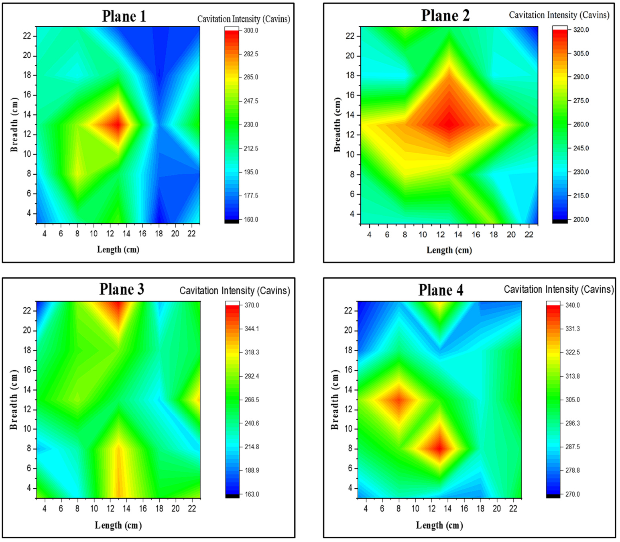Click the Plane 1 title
[x=124, y=16]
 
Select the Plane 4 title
[x=441, y=290]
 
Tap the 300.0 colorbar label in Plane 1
[x=251, y=31]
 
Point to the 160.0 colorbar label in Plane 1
[x=251, y=220]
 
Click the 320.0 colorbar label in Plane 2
[x=581, y=30]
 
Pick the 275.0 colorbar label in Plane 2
[x=581, y=101]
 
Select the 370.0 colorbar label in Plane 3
[x=252, y=305]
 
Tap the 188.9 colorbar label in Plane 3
[x=252, y=470]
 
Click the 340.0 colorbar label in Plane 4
[x=572, y=305]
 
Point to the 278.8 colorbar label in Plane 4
[x=572, y=470]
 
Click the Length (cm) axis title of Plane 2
[x=449, y=250]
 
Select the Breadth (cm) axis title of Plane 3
[x=14, y=400]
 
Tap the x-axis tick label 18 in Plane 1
[x=159, y=234]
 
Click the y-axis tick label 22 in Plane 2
[x=350, y=36]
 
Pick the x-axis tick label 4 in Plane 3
[x=45, y=509]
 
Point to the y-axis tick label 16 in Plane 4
[x=348, y=370]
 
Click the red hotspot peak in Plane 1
[x=117, y=124]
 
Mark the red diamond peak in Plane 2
[x=449, y=124]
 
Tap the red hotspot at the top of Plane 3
[x=118, y=307]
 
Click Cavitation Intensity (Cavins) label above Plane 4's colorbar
[x=559, y=289]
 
